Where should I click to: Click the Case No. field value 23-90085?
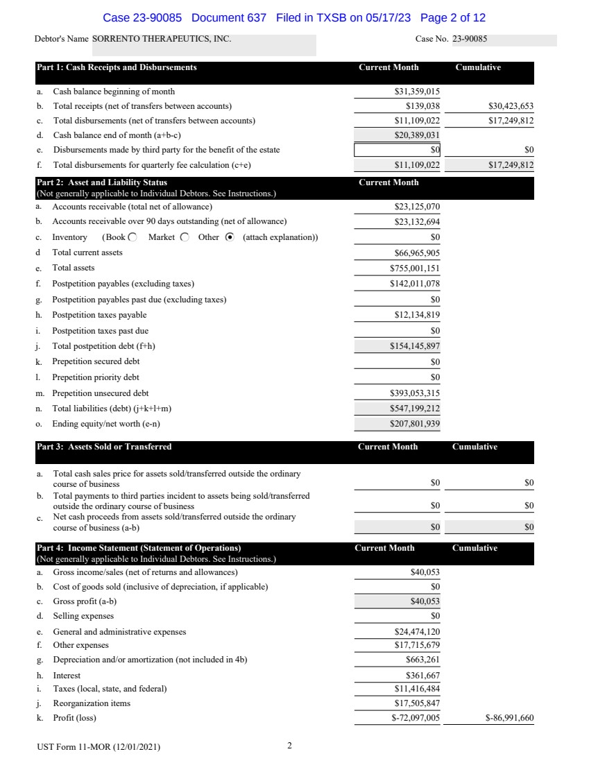coord(470,40)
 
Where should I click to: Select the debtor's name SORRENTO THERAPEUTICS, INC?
coord(162,40)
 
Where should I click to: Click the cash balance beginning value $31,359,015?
coord(417,92)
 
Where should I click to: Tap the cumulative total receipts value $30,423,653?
coord(511,106)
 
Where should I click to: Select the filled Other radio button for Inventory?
coord(230,237)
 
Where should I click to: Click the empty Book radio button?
coord(133,237)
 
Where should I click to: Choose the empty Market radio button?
coord(185,237)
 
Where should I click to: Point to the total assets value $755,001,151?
coord(415,268)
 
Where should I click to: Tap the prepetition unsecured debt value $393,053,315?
coord(415,393)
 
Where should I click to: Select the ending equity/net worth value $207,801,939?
coord(415,424)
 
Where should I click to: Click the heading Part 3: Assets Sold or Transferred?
coord(104,447)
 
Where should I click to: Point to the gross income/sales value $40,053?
coord(425,572)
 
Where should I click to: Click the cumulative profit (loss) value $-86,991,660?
coord(509,719)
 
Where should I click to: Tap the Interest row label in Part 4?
coord(67,675)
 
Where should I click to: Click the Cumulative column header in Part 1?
coord(478,67)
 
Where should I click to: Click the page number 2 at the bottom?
coord(289,746)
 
